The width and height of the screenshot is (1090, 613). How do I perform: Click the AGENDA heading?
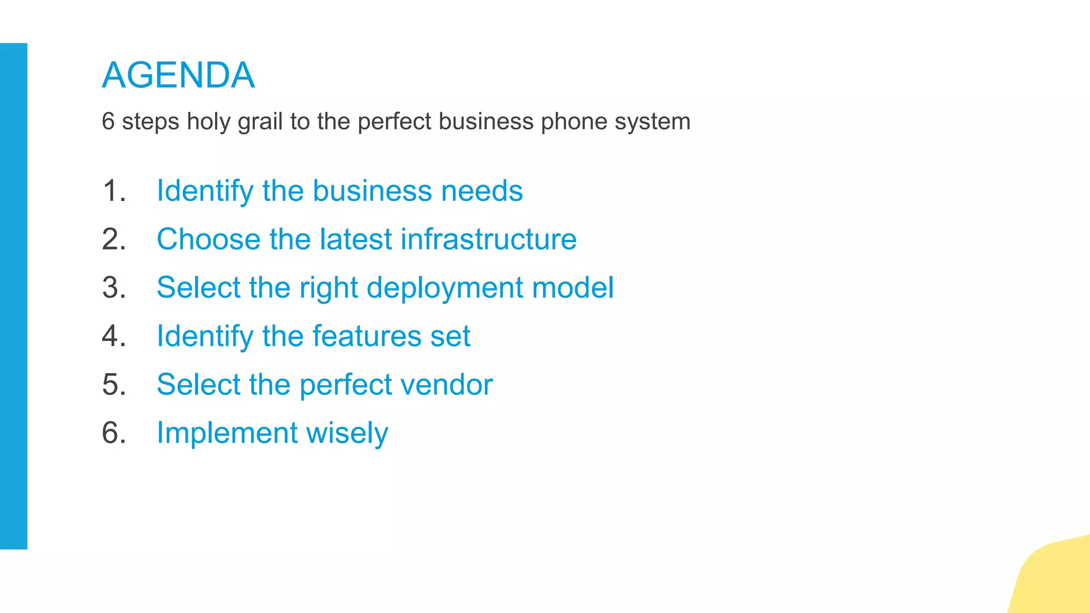coord(178,75)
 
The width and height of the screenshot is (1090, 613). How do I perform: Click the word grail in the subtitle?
coord(260,122)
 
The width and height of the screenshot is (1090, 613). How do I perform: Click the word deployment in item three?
coord(445,288)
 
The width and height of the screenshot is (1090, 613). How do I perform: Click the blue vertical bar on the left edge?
coord(13,296)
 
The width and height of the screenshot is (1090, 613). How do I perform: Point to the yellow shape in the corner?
coord(1056,580)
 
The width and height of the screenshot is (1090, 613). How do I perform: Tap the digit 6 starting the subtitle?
coord(108,121)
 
